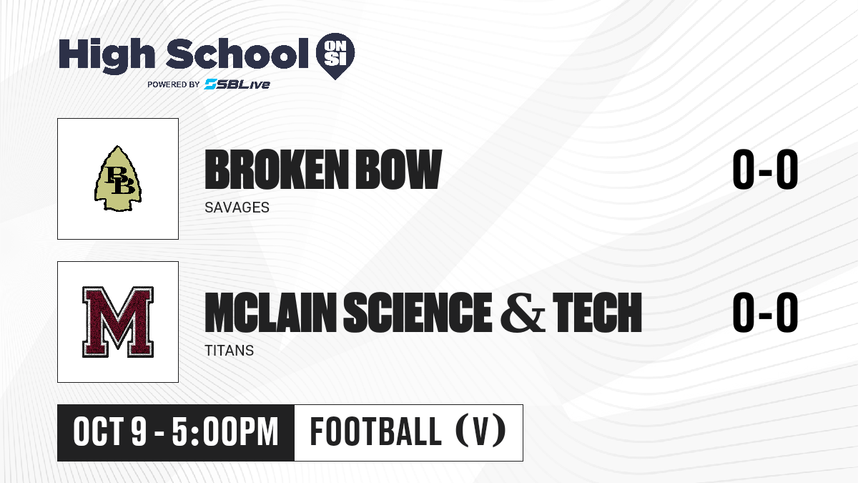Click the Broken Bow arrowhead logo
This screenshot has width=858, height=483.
[x=118, y=179]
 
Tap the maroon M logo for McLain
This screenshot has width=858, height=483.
[x=118, y=322]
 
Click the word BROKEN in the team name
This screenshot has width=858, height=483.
[x=277, y=169]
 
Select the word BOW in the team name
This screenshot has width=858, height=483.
[x=399, y=169]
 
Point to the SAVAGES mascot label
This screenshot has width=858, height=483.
[x=237, y=208]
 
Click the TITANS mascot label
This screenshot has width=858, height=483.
[x=230, y=351]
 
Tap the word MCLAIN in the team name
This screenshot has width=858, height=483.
[x=271, y=312]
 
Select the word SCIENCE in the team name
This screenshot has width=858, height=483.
[x=418, y=312]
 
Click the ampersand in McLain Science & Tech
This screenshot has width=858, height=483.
[x=523, y=312]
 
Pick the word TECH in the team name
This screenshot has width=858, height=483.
[x=597, y=312]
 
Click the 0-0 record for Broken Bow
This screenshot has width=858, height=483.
[x=765, y=169]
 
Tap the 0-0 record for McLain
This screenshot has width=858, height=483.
[x=765, y=312]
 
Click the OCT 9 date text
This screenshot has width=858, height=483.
[x=110, y=432]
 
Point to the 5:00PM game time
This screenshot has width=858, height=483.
[x=225, y=432]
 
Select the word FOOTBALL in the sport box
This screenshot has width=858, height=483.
[x=376, y=432]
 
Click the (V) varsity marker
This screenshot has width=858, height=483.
[x=481, y=431]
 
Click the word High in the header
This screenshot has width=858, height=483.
[x=107, y=55]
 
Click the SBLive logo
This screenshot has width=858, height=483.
[x=237, y=84]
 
